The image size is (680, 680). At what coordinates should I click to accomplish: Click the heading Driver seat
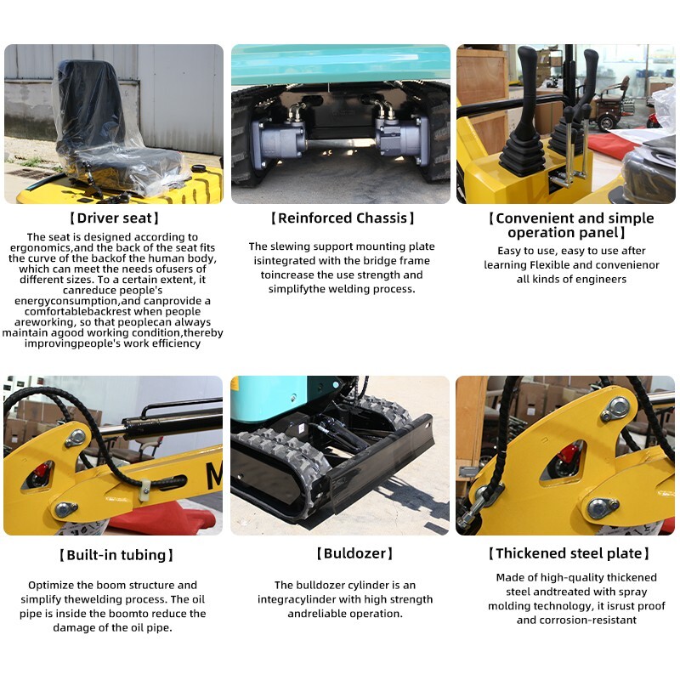click(x=114, y=218)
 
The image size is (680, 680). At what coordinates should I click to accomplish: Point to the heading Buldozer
click(x=354, y=553)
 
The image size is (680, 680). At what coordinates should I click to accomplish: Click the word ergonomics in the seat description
click(x=42, y=247)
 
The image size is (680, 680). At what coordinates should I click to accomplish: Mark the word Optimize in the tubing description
click(x=54, y=585)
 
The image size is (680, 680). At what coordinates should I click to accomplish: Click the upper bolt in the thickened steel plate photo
click(x=618, y=408)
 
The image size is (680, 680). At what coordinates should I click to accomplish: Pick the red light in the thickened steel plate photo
click(x=568, y=455)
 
